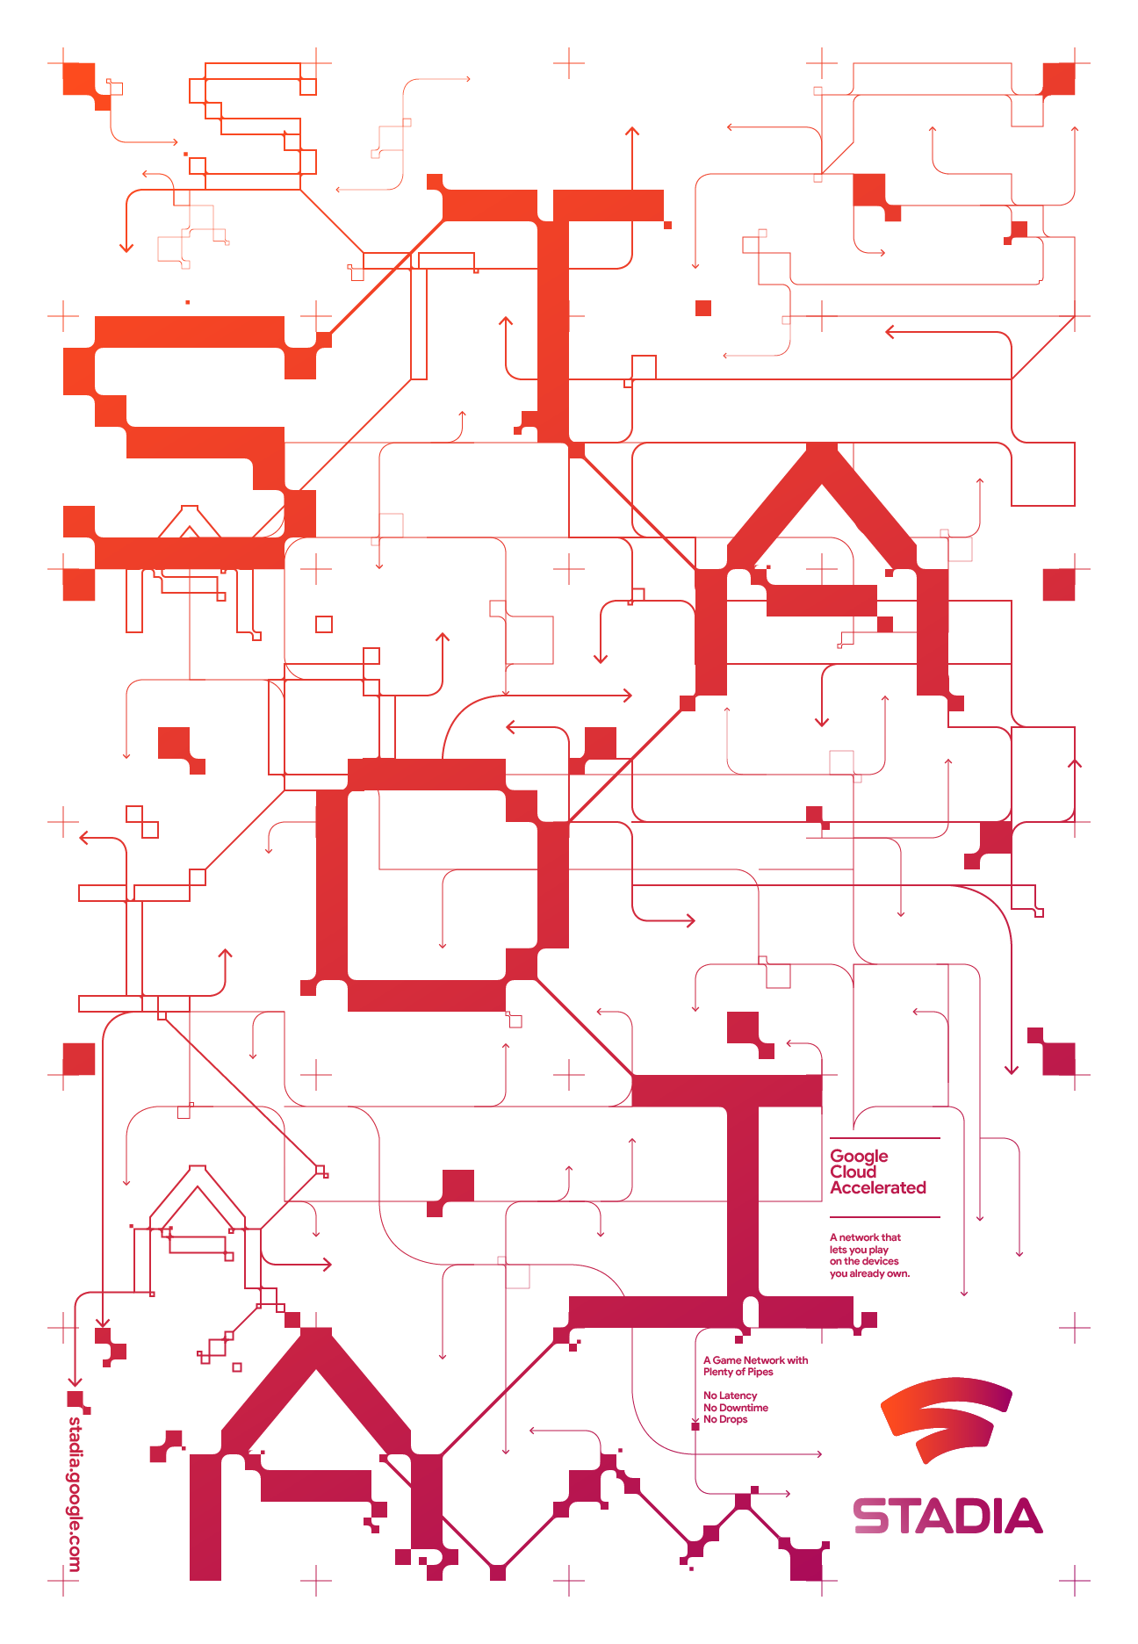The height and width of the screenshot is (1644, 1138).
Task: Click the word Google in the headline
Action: [x=859, y=1157]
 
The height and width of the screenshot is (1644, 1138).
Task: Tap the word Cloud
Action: [x=853, y=1172]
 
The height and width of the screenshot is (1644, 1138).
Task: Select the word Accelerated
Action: [x=878, y=1187]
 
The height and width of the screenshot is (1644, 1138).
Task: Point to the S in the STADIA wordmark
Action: [x=869, y=1516]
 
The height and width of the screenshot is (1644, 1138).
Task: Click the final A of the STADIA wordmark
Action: [x=1023, y=1516]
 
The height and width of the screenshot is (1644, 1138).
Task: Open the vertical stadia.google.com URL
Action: [x=75, y=1493]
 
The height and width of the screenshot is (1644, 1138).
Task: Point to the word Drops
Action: [x=733, y=1419]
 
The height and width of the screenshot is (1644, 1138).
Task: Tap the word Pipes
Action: [x=760, y=1373]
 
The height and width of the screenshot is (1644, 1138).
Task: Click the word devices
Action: [x=881, y=1261]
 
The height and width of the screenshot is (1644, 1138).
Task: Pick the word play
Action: [x=878, y=1250]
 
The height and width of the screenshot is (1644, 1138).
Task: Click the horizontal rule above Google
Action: [x=885, y=1138]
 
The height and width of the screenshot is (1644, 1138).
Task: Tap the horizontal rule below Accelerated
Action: [x=885, y=1217]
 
